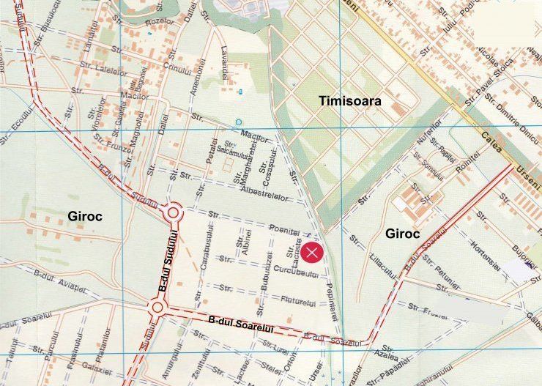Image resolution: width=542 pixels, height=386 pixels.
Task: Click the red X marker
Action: click(313, 253)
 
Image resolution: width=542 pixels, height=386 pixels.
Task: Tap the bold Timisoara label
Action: click(349, 101)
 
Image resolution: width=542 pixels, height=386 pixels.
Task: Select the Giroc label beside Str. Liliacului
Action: click(401, 234)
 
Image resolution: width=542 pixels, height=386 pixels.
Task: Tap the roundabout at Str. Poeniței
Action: click(174, 214)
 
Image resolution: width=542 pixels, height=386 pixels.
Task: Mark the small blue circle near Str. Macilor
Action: click(238, 122)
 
